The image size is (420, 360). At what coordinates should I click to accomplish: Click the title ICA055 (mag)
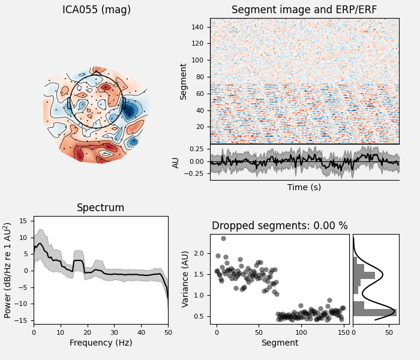pos(97,10)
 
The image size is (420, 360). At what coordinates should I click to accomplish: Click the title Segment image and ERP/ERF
pos(304,10)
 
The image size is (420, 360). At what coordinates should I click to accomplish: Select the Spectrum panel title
pos(101,208)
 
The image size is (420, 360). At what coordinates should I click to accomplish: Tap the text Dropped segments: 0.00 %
pos(280,226)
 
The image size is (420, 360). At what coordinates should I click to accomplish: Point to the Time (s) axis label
pos(304,187)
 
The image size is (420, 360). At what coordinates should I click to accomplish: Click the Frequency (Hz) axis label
pos(101,343)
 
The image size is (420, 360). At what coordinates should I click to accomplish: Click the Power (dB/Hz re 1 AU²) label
pos(8,270)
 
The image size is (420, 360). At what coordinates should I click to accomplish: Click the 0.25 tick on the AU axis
pos(196,149)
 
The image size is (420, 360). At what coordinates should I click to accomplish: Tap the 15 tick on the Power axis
pos(25,221)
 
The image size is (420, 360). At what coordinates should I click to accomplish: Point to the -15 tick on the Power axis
pos(22,320)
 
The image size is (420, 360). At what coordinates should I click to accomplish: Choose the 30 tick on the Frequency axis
pos(114,331)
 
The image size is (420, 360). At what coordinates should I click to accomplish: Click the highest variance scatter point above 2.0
pos(223,238)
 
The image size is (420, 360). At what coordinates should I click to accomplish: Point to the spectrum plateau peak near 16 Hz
pos(78,261)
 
